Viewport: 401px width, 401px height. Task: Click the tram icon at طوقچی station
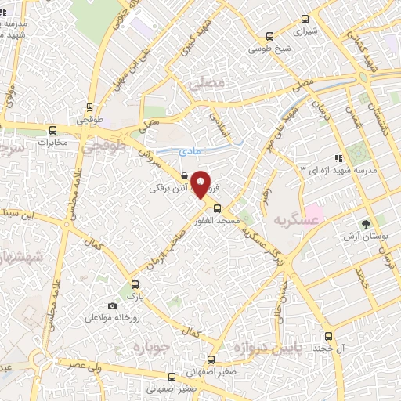coord(89,108)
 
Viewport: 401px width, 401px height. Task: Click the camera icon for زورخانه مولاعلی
coord(112,305)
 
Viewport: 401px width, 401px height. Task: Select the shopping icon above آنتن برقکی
coord(183,177)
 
